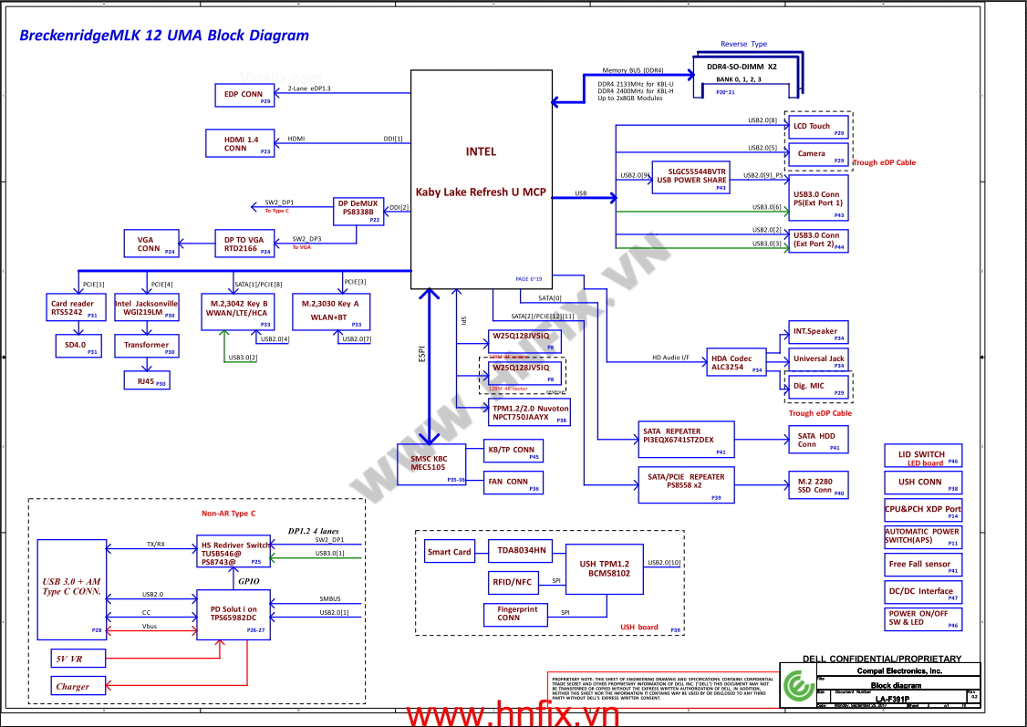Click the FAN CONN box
(x=513, y=483)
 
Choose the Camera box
(x=818, y=153)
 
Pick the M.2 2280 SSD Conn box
(x=816, y=485)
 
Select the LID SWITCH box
(x=923, y=457)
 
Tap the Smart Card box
(x=450, y=552)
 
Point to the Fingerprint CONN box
(x=517, y=613)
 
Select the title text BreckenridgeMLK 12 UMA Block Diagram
(x=164, y=36)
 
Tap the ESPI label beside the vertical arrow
(x=421, y=355)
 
